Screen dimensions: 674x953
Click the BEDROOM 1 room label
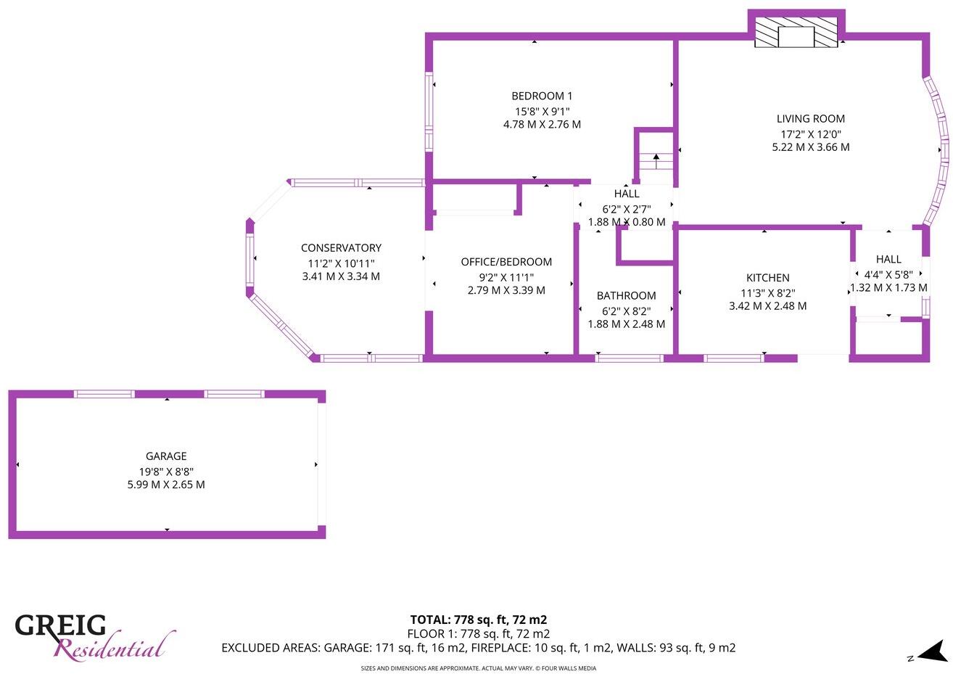[x=542, y=96]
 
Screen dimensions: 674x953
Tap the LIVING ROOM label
[x=810, y=119]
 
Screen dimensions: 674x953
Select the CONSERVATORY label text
[x=341, y=248]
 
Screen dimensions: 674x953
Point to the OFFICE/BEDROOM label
[x=506, y=262]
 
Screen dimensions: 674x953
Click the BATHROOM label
[x=626, y=295]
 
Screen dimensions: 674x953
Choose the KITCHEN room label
[x=767, y=278]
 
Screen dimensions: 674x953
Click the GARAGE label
[x=166, y=456]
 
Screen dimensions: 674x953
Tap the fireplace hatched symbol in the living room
[x=796, y=33]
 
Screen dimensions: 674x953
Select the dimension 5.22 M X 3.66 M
[x=810, y=147]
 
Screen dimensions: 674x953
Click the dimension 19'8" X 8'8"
[x=166, y=471]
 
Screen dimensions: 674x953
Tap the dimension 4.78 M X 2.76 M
[x=542, y=125]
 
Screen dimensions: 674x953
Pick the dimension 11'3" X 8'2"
[x=767, y=292]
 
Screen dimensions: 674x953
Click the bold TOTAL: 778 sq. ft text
[x=478, y=620]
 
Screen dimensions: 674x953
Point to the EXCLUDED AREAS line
[x=478, y=648]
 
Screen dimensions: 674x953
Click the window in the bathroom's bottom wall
[x=629, y=358]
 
